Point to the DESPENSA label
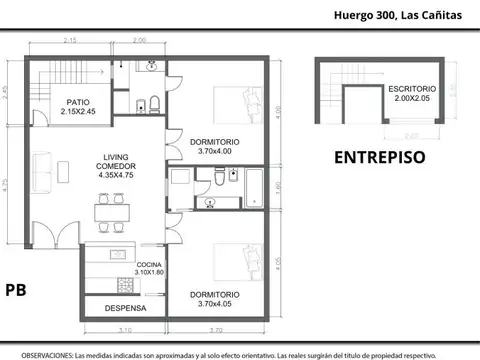(x=126, y=308)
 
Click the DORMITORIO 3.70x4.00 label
(x=214, y=147)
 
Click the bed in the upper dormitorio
(x=240, y=104)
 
